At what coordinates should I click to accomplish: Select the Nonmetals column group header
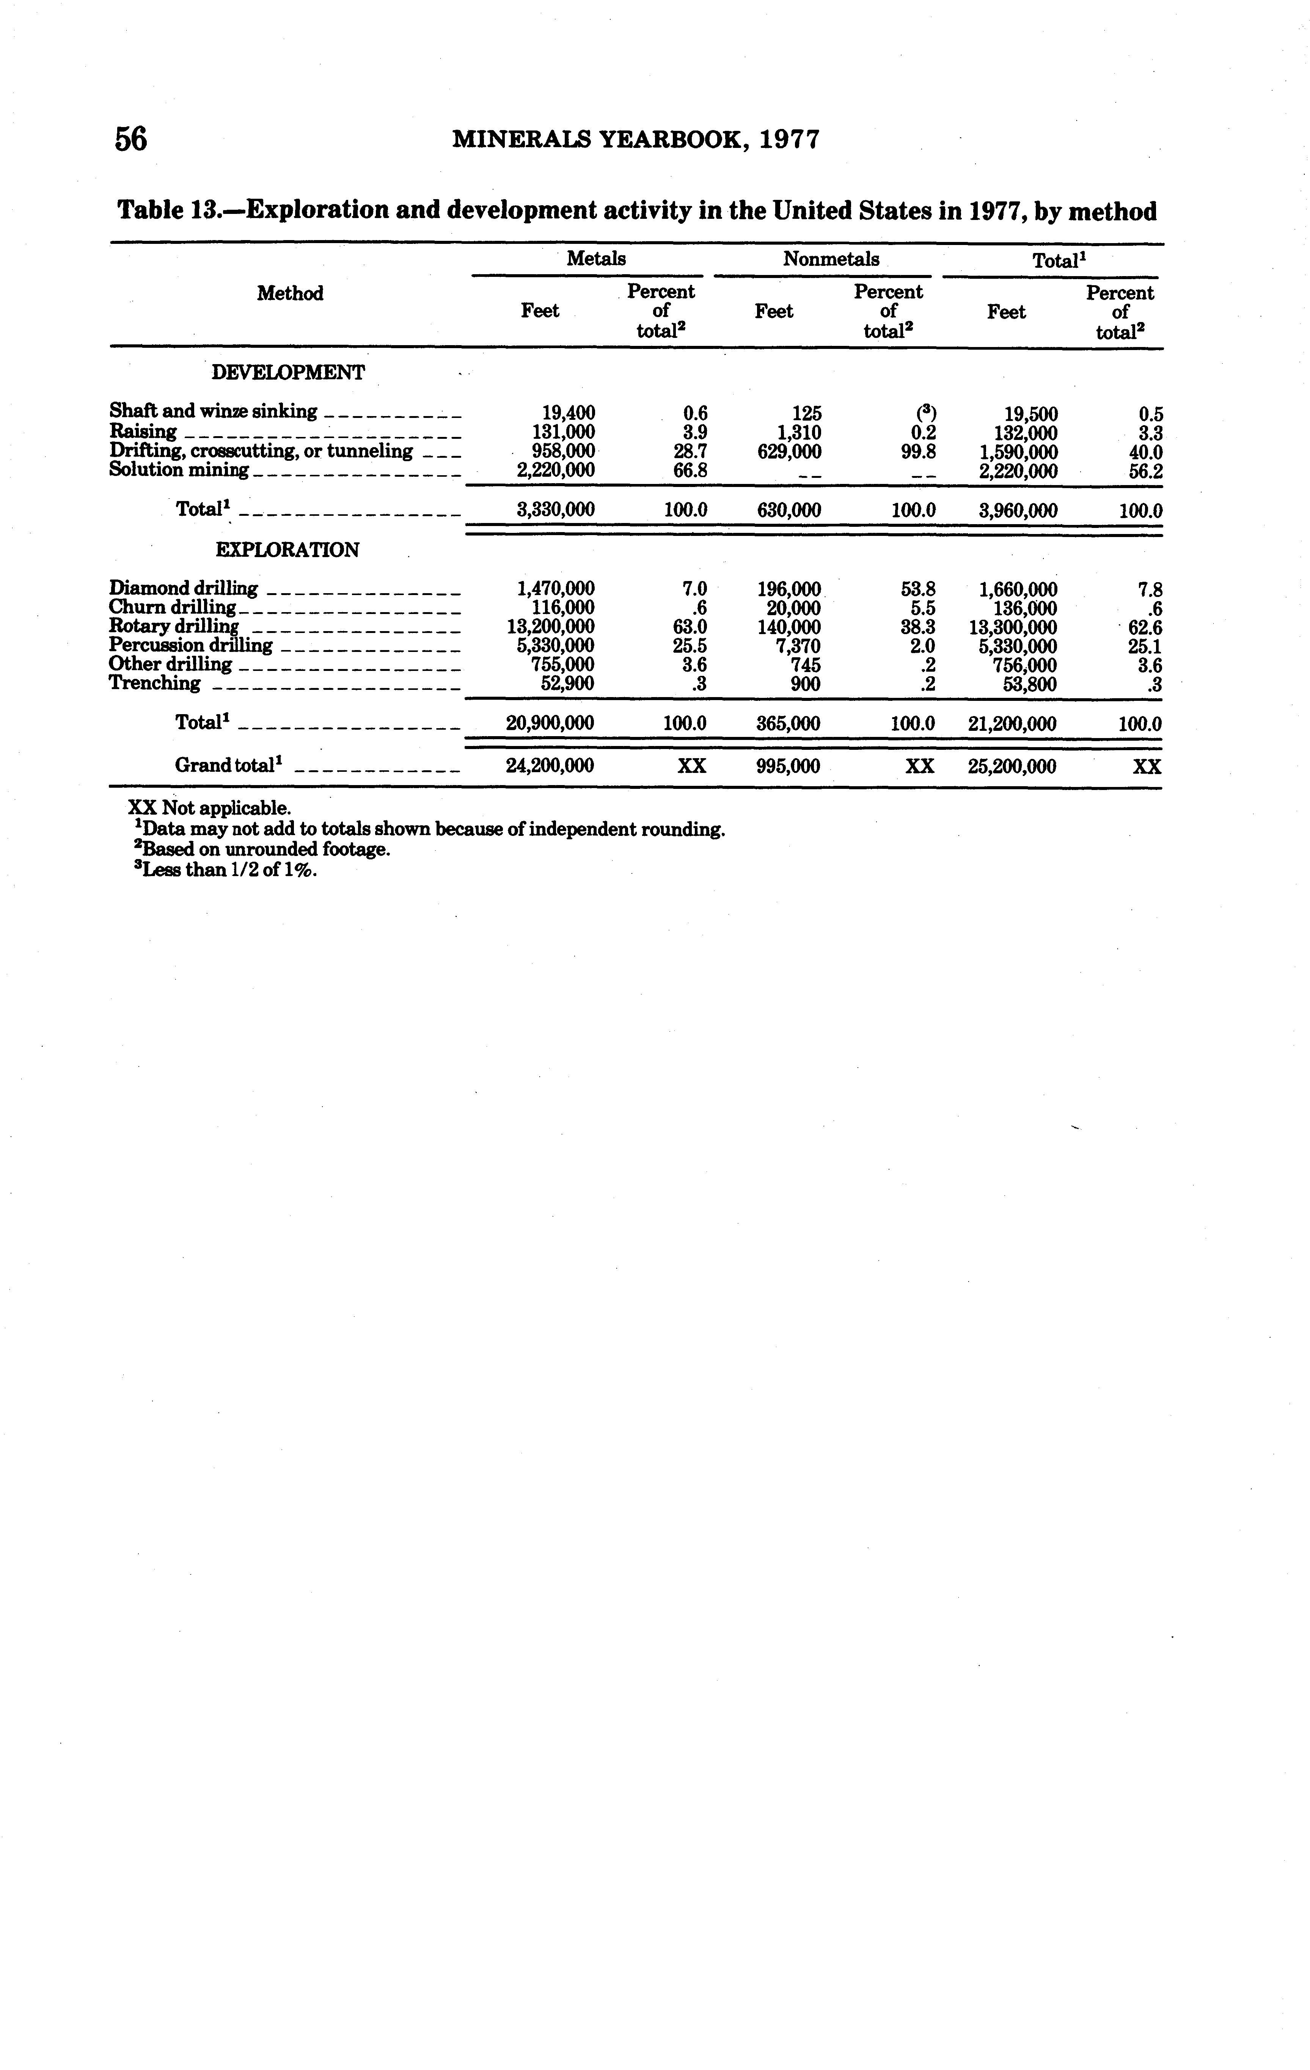(x=830, y=259)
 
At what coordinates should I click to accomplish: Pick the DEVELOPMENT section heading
(x=288, y=373)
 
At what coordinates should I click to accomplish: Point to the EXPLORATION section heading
(x=287, y=550)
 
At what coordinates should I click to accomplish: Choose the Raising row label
(x=143, y=432)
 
